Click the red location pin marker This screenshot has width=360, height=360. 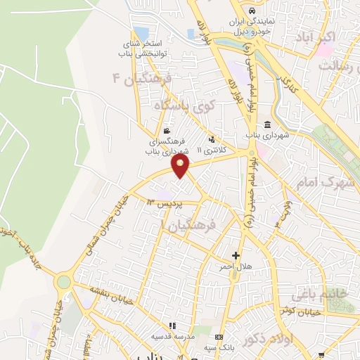pos(181,167)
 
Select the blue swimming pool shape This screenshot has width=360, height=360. pos(141,34)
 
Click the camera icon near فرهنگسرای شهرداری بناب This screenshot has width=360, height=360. pos(166,131)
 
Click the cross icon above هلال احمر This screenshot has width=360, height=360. pos(236,255)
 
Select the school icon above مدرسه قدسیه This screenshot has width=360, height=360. pos(174,326)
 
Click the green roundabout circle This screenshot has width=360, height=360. pos(64,281)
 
